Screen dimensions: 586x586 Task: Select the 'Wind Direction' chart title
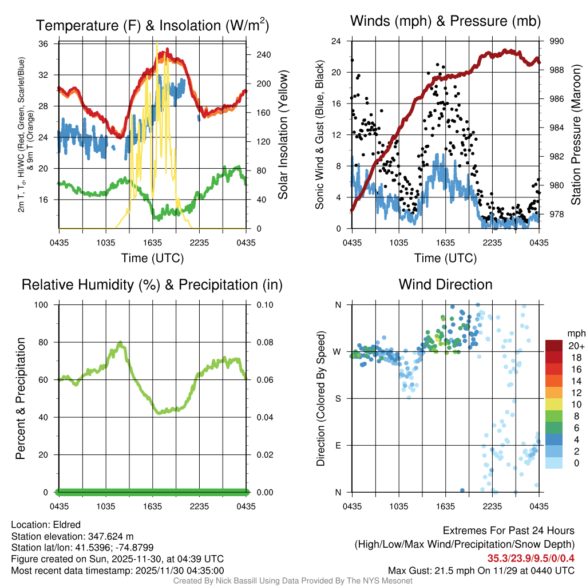(x=445, y=284)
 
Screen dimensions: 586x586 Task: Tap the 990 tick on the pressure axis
(x=557, y=41)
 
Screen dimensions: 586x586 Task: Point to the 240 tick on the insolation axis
(x=263, y=56)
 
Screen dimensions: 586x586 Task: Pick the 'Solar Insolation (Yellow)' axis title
(x=283, y=135)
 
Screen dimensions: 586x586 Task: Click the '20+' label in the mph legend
(x=575, y=346)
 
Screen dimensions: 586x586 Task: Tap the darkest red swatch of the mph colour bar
(x=554, y=345)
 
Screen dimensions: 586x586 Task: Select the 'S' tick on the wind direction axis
(x=338, y=398)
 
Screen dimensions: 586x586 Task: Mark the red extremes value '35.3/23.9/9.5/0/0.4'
(x=531, y=558)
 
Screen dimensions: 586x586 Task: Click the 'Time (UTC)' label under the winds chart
(x=445, y=258)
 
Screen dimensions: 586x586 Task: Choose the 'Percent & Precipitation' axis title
(x=22, y=398)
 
